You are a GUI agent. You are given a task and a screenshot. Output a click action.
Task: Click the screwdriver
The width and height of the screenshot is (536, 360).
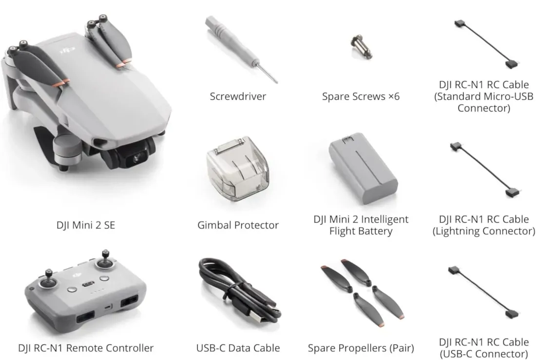tap(239, 48)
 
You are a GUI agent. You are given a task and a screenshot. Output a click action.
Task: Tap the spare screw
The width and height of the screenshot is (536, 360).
tap(362, 46)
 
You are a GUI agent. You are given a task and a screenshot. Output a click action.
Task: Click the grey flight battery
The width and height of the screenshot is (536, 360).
tap(363, 168)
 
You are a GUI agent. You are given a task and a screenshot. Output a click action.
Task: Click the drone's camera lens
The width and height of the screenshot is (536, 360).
tap(137, 158)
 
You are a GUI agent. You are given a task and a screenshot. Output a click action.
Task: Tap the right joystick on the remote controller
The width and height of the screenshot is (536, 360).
tap(105, 260)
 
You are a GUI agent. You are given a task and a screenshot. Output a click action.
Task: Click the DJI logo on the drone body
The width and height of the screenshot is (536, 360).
tap(68, 50)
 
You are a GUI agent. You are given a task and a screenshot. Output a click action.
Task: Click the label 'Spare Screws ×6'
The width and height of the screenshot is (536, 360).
tap(361, 96)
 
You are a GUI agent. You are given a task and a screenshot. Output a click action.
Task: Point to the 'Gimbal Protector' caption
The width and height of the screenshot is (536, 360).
tap(238, 225)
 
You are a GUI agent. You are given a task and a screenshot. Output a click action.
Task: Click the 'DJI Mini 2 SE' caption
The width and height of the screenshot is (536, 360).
tap(85, 225)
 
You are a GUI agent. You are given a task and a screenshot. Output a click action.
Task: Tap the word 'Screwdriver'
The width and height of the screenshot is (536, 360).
tap(238, 96)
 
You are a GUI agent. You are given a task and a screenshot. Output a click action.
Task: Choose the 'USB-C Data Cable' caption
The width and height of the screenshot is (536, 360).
tap(238, 348)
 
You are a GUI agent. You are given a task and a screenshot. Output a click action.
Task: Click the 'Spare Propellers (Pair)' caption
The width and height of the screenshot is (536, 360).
tap(361, 348)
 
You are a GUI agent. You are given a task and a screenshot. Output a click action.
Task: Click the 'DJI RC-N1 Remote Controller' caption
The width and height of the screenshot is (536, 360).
tap(86, 348)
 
